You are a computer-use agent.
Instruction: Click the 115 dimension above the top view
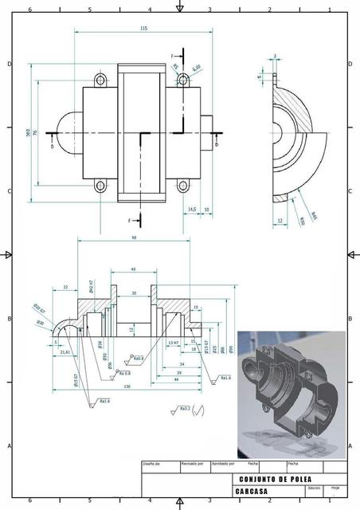(143, 29)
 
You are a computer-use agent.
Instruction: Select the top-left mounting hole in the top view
(100, 80)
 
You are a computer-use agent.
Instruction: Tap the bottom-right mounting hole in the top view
(182, 186)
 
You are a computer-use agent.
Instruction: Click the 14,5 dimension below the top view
(191, 210)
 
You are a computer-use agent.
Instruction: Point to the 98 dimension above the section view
(132, 238)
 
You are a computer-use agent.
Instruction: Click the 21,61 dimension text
(65, 351)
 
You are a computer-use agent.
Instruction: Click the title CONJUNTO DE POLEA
(275, 479)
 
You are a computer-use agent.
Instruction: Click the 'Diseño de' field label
(152, 463)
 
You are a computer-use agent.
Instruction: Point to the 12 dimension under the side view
(280, 220)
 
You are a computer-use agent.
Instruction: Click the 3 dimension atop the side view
(275, 57)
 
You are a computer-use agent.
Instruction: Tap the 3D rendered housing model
(291, 387)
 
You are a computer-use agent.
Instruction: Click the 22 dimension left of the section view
(65, 287)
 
